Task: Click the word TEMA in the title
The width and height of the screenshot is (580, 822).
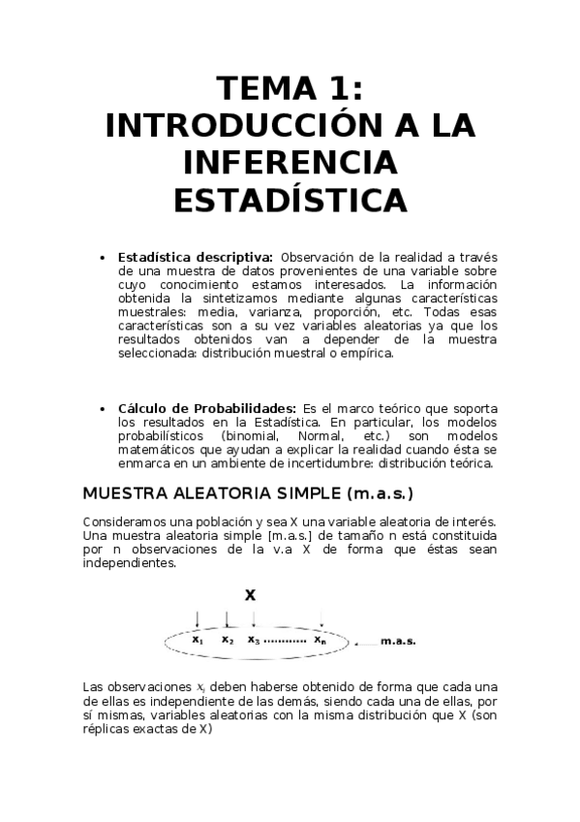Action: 258,91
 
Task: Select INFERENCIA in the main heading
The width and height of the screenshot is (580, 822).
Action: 290,163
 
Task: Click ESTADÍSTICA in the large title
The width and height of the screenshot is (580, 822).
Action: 290,200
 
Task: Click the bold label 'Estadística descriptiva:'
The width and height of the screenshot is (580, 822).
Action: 195,257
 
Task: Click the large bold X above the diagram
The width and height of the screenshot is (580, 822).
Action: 250,595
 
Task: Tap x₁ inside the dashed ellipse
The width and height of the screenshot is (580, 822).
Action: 198,640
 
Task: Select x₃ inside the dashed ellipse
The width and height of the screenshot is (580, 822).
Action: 254,640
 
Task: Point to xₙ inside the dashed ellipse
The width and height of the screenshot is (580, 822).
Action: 320,640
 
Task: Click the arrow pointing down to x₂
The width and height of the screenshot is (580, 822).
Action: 227,617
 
